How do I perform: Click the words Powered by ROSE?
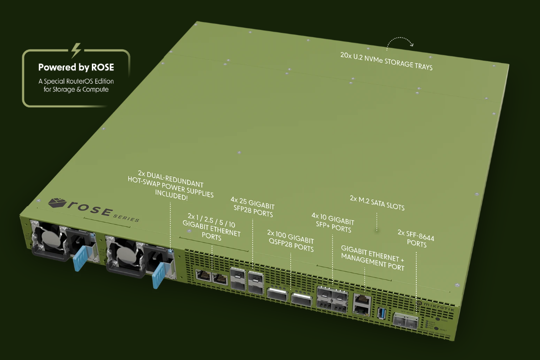pos(76,67)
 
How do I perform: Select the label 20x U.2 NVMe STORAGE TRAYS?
pos(386,62)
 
